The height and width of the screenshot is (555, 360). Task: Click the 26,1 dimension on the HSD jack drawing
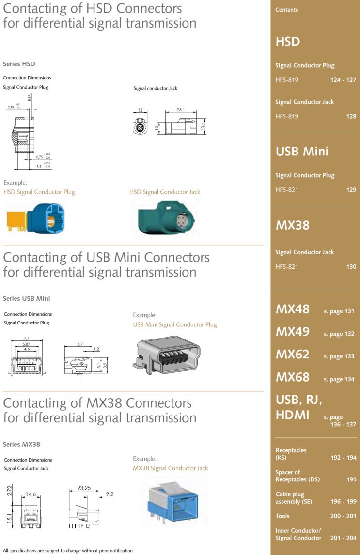tap(181, 110)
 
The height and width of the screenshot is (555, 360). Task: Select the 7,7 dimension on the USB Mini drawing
tap(26, 338)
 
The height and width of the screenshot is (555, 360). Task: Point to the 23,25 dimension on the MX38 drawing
tap(84, 488)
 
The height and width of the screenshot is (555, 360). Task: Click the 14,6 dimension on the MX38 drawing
tap(31, 494)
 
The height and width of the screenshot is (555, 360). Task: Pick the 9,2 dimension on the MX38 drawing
tap(110, 494)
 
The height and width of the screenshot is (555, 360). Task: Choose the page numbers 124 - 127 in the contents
tap(343, 80)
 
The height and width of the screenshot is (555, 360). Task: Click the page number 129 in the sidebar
tap(351, 190)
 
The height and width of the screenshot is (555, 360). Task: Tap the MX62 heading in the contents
tap(292, 355)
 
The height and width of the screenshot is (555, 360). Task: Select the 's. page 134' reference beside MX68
tap(339, 379)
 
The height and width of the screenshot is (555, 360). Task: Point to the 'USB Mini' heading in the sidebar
tap(302, 151)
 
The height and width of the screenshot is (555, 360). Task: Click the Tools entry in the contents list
tap(282, 516)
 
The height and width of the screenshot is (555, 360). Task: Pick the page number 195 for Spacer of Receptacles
tap(351, 479)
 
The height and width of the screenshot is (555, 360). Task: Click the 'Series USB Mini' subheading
tap(27, 298)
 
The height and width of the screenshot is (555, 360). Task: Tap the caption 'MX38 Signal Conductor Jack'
tap(171, 468)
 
